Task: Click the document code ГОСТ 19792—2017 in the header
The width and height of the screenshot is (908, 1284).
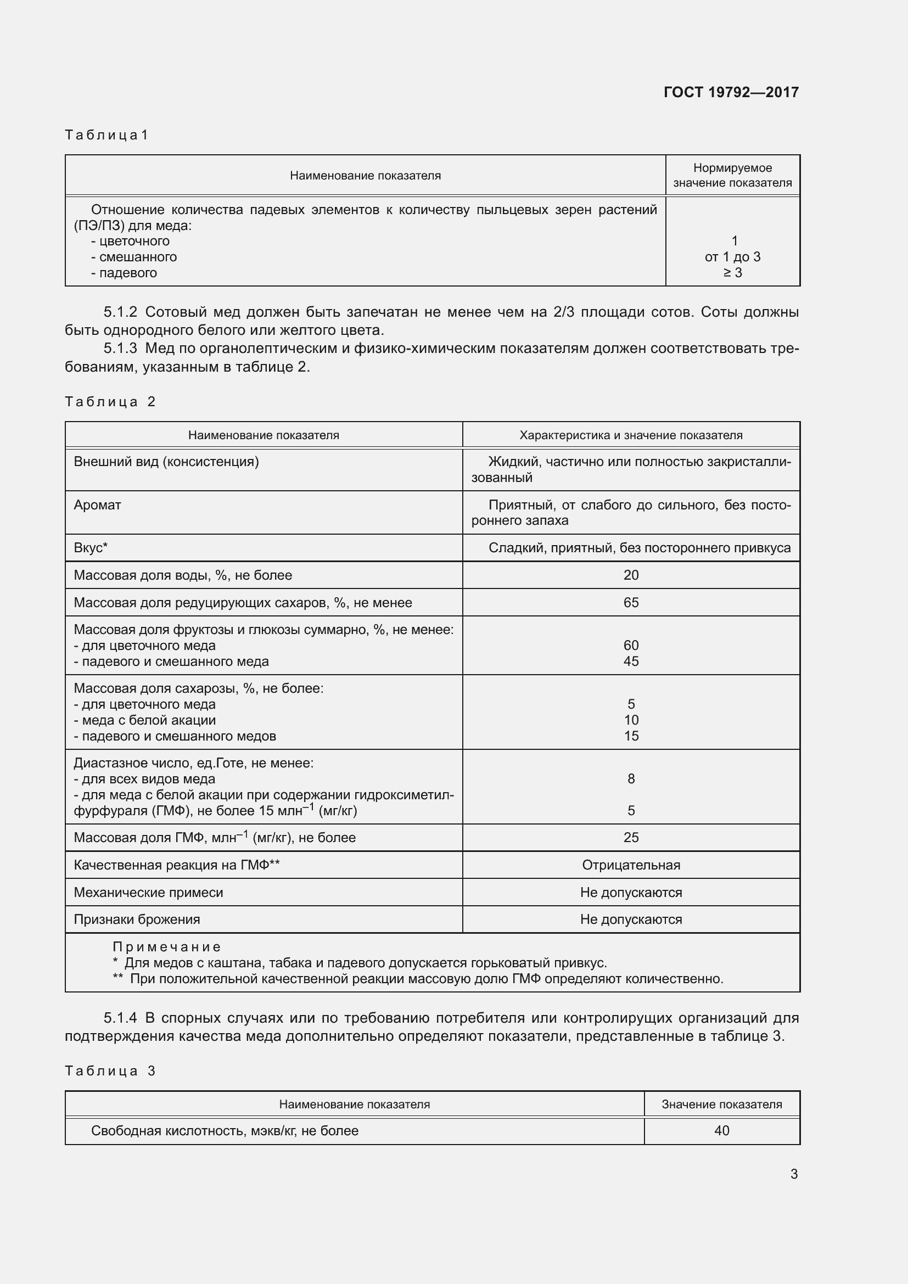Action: coord(731,92)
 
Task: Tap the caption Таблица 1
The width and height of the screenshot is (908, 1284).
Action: coord(107,135)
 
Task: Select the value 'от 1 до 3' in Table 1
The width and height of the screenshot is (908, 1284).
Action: coord(732,257)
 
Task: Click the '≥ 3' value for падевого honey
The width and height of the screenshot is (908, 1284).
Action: coord(732,273)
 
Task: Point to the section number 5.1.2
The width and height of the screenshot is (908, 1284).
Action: coord(120,312)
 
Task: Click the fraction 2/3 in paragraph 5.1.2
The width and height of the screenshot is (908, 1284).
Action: coord(563,312)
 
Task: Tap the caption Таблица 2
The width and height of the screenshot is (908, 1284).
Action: coord(110,401)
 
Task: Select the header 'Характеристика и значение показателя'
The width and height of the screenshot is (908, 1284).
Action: coord(631,435)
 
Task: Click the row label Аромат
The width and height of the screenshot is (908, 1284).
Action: coord(97,505)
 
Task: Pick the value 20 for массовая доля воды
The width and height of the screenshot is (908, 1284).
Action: coord(631,575)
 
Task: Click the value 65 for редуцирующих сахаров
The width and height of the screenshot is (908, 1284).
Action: coord(631,602)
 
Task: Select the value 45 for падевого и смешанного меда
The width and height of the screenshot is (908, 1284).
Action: coord(631,661)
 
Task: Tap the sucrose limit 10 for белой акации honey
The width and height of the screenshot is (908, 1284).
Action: coord(631,720)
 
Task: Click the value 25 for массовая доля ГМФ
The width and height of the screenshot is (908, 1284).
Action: coord(631,837)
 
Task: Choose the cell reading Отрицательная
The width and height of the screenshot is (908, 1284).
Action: coord(631,865)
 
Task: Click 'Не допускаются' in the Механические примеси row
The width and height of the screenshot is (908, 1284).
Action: coord(631,893)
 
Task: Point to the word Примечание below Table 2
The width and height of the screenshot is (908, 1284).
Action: coord(167,947)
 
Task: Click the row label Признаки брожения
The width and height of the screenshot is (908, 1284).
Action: coord(137,919)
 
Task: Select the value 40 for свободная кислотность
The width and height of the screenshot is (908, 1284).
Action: coord(721,1130)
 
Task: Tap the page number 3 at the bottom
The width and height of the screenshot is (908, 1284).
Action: coord(794,1174)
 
